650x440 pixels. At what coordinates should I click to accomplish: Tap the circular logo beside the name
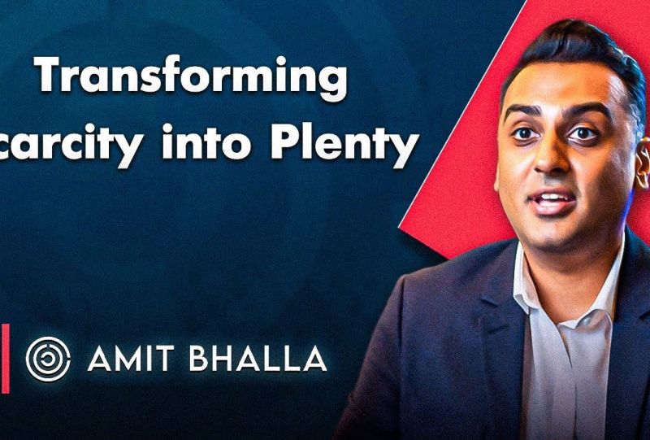tap(48, 359)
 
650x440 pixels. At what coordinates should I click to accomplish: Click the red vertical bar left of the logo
tap(4, 358)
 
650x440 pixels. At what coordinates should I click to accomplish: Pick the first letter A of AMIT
tap(98, 359)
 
